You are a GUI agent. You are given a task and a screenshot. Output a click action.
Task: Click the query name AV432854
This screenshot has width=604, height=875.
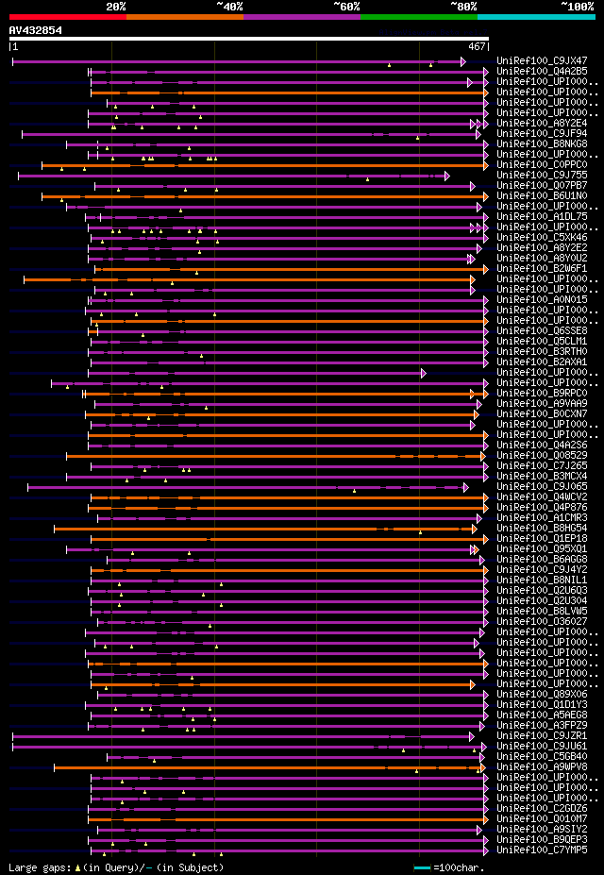[x=36, y=30]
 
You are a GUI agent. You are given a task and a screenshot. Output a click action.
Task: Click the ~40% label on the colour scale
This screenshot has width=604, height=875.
[x=229, y=6]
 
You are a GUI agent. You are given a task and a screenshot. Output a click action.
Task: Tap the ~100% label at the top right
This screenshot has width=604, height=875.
[x=578, y=6]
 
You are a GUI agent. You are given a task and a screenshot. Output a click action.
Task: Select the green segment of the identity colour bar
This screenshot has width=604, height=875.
[x=418, y=16]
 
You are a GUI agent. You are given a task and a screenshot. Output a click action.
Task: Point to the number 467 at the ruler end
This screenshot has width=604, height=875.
[x=477, y=45]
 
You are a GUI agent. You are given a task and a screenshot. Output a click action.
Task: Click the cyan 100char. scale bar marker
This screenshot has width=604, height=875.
[x=422, y=867]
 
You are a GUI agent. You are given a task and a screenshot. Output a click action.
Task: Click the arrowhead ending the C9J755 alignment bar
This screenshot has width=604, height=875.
[x=447, y=175]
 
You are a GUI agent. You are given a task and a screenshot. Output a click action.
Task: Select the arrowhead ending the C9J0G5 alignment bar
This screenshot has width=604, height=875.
[x=466, y=487]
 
